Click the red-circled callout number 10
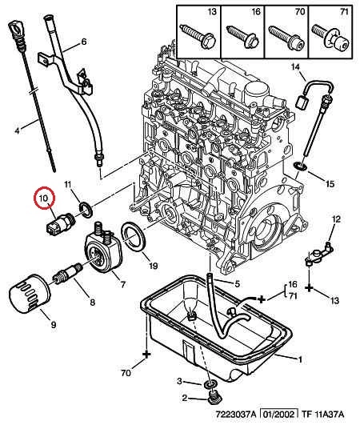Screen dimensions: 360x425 44,198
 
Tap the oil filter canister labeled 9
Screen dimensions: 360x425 30,294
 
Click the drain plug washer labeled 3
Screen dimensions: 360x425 210,384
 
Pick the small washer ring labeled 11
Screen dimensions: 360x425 86,210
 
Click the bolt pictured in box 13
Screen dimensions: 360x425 198,36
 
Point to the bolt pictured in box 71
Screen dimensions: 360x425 330,37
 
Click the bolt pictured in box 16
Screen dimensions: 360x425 242,37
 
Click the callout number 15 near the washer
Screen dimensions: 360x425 330,184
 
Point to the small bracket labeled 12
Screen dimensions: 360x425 319,252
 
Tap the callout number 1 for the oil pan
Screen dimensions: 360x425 300,359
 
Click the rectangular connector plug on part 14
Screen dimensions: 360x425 301,102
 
